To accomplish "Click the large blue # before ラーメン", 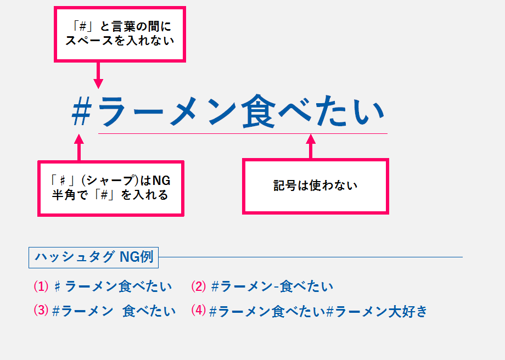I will click(x=81, y=113).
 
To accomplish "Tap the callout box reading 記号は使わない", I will click(x=316, y=186).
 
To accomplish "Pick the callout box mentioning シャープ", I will click(x=110, y=188).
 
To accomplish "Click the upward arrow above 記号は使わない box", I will click(x=311, y=147).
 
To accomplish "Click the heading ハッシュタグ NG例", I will click(x=93, y=257).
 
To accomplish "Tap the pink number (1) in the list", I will click(x=42, y=286).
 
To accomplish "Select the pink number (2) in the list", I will click(x=199, y=286).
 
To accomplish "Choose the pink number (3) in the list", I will click(x=42, y=311).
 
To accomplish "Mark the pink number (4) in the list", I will click(x=199, y=311).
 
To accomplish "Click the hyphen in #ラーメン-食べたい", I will click(x=276, y=286).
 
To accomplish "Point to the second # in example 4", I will click(x=330, y=312).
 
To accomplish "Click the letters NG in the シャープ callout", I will click(x=160, y=181).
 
